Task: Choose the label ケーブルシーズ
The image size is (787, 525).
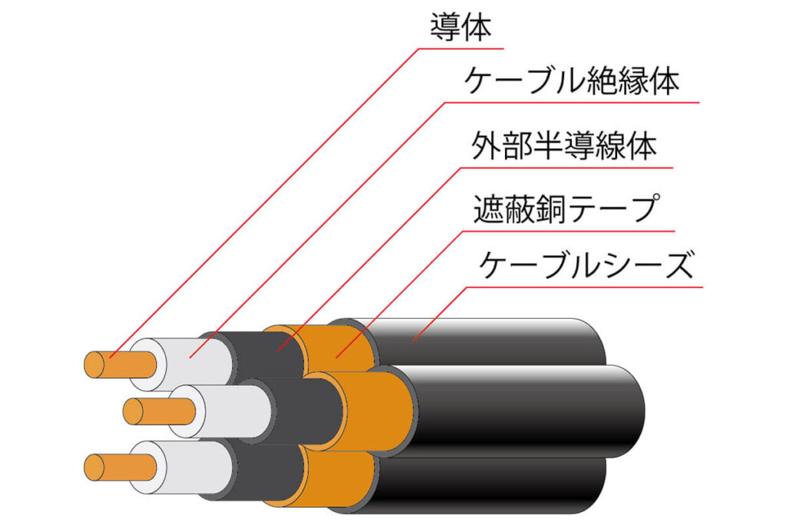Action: click(x=586, y=267)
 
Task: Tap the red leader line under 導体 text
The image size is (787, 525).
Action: click(x=461, y=49)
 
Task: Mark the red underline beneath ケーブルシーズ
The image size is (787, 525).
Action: click(x=584, y=288)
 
